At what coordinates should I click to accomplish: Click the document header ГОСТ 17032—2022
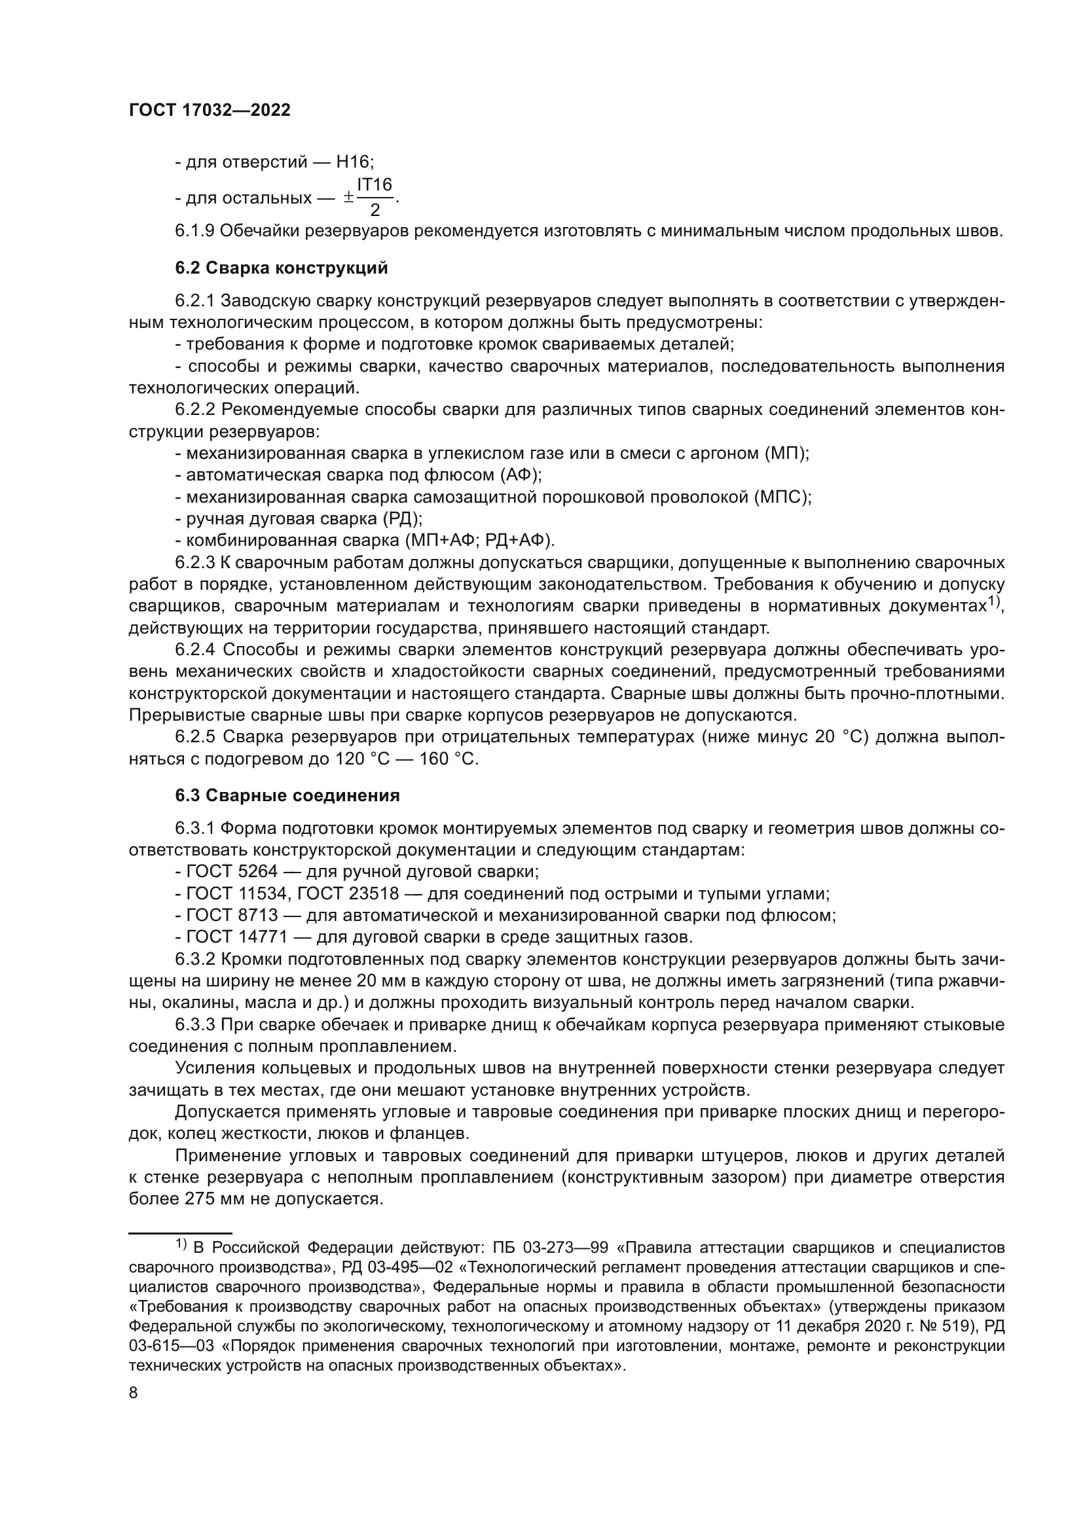click(x=210, y=111)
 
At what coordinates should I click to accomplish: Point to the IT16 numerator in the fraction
click(x=374, y=185)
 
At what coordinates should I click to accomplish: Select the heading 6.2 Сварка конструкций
click(x=281, y=268)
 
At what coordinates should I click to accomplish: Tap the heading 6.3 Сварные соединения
click(x=287, y=795)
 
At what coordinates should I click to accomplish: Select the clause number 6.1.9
click(x=194, y=231)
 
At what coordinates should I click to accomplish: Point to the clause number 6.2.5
click(x=195, y=738)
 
